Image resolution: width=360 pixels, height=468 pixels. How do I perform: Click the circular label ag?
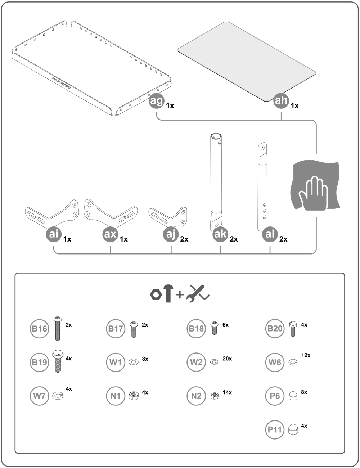[x=156, y=101]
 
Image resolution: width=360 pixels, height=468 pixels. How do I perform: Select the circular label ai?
[x=53, y=234]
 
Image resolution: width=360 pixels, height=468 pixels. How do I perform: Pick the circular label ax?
[x=110, y=234]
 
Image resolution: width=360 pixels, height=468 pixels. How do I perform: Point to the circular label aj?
[x=171, y=234]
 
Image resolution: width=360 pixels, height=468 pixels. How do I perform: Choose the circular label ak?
[x=220, y=234]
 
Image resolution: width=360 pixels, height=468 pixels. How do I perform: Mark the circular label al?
[x=270, y=234]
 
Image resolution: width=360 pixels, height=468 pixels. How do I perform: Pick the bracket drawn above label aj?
[x=169, y=214]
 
